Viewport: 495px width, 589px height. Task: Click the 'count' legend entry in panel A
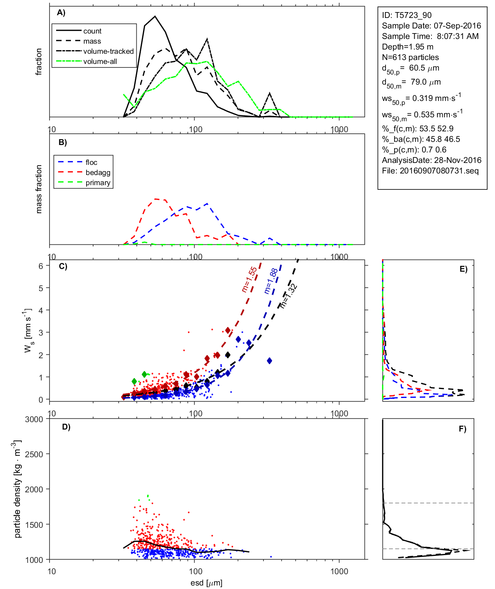click(x=92, y=31)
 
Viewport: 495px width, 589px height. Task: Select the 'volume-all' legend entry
click(x=100, y=62)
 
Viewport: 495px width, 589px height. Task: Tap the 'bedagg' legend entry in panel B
click(x=98, y=173)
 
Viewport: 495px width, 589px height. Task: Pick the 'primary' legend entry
click(x=98, y=183)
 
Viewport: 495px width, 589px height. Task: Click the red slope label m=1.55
click(x=249, y=279)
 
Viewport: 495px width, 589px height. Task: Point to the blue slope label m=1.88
click(x=270, y=281)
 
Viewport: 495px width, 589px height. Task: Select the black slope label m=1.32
click(x=289, y=296)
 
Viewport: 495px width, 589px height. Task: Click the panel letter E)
click(x=463, y=269)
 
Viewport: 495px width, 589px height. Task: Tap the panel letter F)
click(x=462, y=429)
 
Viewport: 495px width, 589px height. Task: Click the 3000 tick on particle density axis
click(x=34, y=419)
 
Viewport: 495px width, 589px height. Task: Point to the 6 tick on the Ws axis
click(x=41, y=266)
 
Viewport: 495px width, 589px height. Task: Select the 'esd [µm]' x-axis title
click(x=206, y=583)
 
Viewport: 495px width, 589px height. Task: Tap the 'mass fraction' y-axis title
click(x=39, y=189)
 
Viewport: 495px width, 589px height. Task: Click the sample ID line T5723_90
click(x=407, y=15)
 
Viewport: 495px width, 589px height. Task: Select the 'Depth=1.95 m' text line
click(x=407, y=47)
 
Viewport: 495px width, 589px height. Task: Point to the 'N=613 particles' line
click(x=410, y=57)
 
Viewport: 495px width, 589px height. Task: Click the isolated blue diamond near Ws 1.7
click(x=269, y=361)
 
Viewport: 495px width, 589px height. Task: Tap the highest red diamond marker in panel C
click(x=228, y=331)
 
